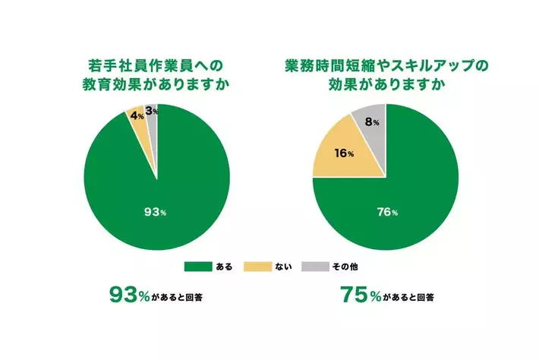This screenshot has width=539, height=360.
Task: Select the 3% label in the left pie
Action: pos(150,112)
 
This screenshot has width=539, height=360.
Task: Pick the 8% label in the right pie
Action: pos(372,122)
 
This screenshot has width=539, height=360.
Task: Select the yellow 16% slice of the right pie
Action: pos(338,163)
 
